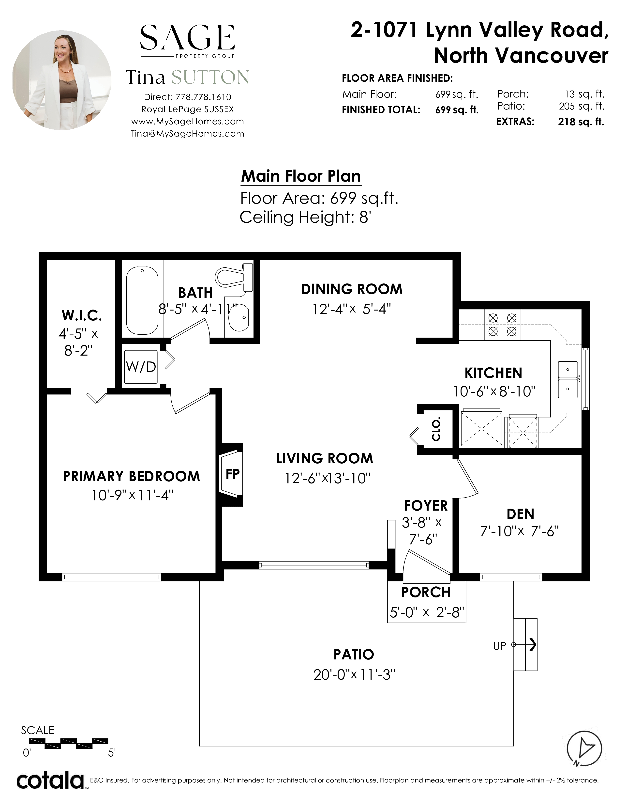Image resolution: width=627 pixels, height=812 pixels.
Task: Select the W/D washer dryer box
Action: coord(141,367)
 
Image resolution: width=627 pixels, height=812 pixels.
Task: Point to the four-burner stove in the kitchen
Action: coord(502,325)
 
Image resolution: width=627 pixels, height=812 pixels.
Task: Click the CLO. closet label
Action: coord(436,429)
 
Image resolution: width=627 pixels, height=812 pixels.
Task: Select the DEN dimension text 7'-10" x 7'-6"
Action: coord(520,531)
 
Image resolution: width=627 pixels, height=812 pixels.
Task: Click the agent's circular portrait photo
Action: coord(62,80)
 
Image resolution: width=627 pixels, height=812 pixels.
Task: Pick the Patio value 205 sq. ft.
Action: coord(582,106)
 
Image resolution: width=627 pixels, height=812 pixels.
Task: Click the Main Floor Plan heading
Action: coord(301,176)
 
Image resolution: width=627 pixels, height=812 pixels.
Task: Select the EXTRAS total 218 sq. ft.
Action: coord(581,122)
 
